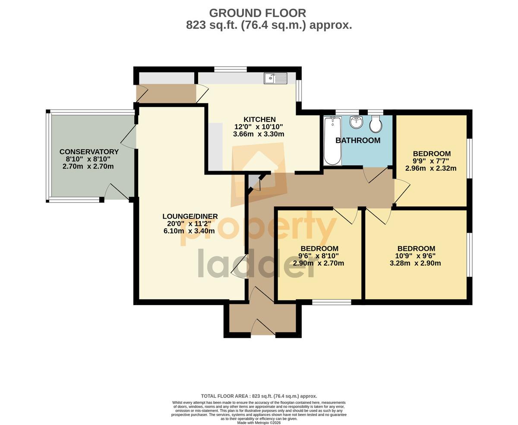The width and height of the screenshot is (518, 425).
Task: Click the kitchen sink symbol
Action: [x=275, y=78]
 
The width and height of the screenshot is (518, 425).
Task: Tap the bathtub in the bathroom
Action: [x=332, y=141]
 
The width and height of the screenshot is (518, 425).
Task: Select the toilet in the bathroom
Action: [x=376, y=124]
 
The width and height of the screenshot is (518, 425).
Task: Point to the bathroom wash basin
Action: [x=356, y=122]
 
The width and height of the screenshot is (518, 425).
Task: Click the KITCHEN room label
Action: [x=259, y=119]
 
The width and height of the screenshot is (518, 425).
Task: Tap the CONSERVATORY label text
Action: [x=89, y=152]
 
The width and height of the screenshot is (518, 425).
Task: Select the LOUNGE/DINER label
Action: [x=190, y=216]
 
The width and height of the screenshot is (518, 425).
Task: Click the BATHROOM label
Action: [x=358, y=140]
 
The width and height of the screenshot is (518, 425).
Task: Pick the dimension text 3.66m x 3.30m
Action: [x=259, y=134]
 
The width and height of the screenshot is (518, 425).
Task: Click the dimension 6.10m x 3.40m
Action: [x=189, y=231]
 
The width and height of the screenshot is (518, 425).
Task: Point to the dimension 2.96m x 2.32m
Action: [x=431, y=168]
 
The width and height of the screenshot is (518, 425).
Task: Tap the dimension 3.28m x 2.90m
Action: [x=415, y=263]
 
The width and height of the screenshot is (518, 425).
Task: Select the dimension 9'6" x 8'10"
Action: [x=318, y=256]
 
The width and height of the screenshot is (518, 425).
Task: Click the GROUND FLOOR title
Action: [x=257, y=13]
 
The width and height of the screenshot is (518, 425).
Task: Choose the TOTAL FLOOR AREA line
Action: [x=259, y=396]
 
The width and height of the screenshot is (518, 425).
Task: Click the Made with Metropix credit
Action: [x=259, y=423]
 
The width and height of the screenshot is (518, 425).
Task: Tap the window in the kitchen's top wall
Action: [x=231, y=69]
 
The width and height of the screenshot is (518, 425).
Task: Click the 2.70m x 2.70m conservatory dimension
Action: [x=88, y=166]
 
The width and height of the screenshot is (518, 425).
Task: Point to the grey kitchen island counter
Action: [x=216, y=147]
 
